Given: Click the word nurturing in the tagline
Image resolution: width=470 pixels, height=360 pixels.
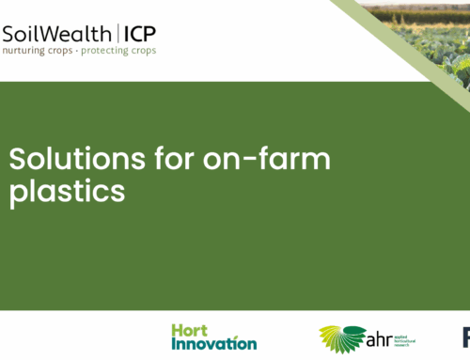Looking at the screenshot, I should tap(28, 51).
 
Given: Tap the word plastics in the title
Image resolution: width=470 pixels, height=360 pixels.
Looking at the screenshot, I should tap(66, 191).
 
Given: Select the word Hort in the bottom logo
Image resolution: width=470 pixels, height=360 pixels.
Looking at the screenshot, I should tap(191, 331).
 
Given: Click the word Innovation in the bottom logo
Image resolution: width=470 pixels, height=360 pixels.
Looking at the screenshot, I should tap(213, 344).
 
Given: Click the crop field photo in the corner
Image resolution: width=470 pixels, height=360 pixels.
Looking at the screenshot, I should tap(432, 28).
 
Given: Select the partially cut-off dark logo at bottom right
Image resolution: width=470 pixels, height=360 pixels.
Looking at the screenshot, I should tap(465, 337).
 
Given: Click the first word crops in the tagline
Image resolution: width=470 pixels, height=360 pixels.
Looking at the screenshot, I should tap(69, 51).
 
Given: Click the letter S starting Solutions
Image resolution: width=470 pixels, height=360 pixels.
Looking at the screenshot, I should tap(16, 161).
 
